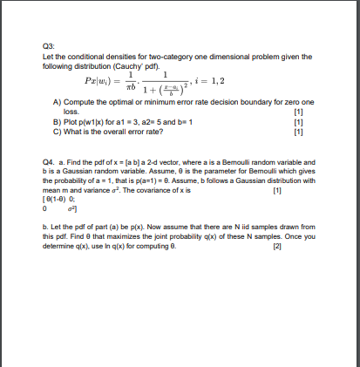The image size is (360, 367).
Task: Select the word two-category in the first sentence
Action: tap(187, 57)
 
